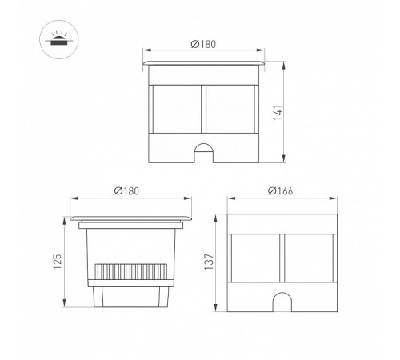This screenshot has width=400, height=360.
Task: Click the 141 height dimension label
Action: [278, 113]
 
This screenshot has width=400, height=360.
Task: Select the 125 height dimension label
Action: [58, 262]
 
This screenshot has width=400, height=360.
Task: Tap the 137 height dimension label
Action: [209, 262]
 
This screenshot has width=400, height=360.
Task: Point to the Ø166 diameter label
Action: [280, 191]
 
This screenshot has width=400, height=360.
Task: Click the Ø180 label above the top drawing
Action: [203, 44]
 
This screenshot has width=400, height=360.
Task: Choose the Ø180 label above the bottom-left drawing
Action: [126, 191]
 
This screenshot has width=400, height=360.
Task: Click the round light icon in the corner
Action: [59, 39]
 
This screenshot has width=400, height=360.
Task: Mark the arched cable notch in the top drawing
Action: [203, 153]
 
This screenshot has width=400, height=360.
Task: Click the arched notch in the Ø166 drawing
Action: [282, 302]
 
